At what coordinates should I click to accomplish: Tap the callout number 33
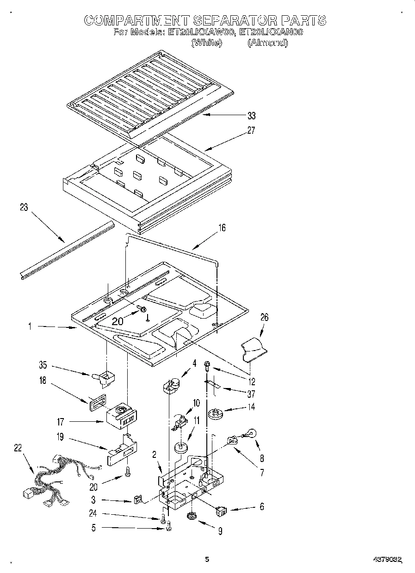tap(251, 116)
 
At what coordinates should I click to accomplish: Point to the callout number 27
tap(251, 130)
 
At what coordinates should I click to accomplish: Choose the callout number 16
tap(222, 228)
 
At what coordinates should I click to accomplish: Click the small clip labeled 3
tap(137, 500)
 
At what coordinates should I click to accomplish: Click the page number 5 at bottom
tap(207, 559)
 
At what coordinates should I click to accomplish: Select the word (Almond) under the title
tap(267, 43)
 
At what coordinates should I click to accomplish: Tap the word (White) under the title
tap(207, 43)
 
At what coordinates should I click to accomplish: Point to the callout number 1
tap(30, 327)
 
